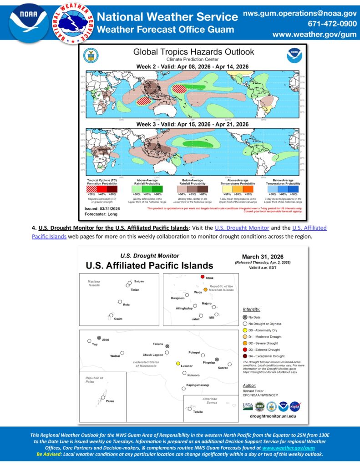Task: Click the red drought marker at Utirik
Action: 203,277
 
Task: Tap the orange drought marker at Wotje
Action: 206,289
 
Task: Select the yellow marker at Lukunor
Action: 178,363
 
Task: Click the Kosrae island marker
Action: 230,364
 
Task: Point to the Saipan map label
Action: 139,281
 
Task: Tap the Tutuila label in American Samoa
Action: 198,411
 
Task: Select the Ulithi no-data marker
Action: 99,337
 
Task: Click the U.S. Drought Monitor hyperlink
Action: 242,228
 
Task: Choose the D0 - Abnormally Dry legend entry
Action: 265,330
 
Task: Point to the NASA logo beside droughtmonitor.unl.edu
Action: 295,406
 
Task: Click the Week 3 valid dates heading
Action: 193,124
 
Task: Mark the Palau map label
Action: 110,401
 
